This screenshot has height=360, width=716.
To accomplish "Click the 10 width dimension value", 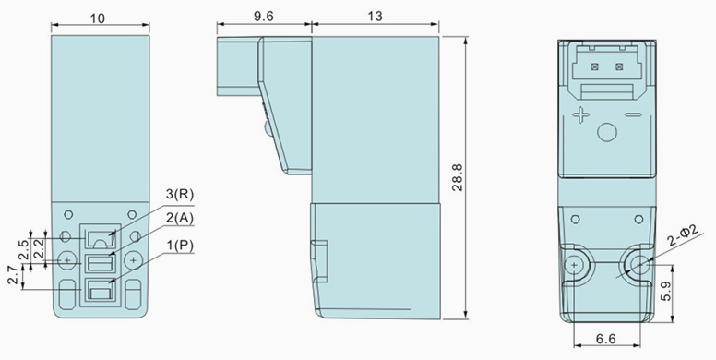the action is point(97,18).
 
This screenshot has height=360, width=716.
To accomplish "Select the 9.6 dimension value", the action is point(264,16).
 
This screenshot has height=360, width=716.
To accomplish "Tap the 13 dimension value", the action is point(375,16).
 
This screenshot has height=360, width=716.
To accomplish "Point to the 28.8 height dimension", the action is point(457,177).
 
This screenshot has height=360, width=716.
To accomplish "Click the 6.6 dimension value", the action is point(606,339).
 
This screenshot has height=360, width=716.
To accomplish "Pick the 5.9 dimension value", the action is point(666,291).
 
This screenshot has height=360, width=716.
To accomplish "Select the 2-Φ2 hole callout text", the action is point(684,236).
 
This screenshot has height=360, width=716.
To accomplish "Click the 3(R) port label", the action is point(179,194).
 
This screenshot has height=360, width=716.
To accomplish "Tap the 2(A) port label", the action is point(179,219).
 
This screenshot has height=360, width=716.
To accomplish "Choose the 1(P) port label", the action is point(179,246).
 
